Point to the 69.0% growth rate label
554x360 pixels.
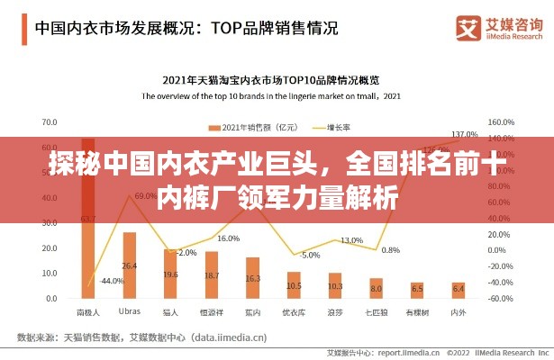(145, 195)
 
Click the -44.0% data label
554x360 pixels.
(113, 281)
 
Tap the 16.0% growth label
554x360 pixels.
(228, 238)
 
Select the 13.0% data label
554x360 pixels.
(351, 240)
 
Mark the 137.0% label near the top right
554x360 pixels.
(464, 133)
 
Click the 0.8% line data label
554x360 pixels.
(390, 250)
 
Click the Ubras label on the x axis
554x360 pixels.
(130, 311)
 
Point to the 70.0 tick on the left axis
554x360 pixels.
(50, 121)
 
